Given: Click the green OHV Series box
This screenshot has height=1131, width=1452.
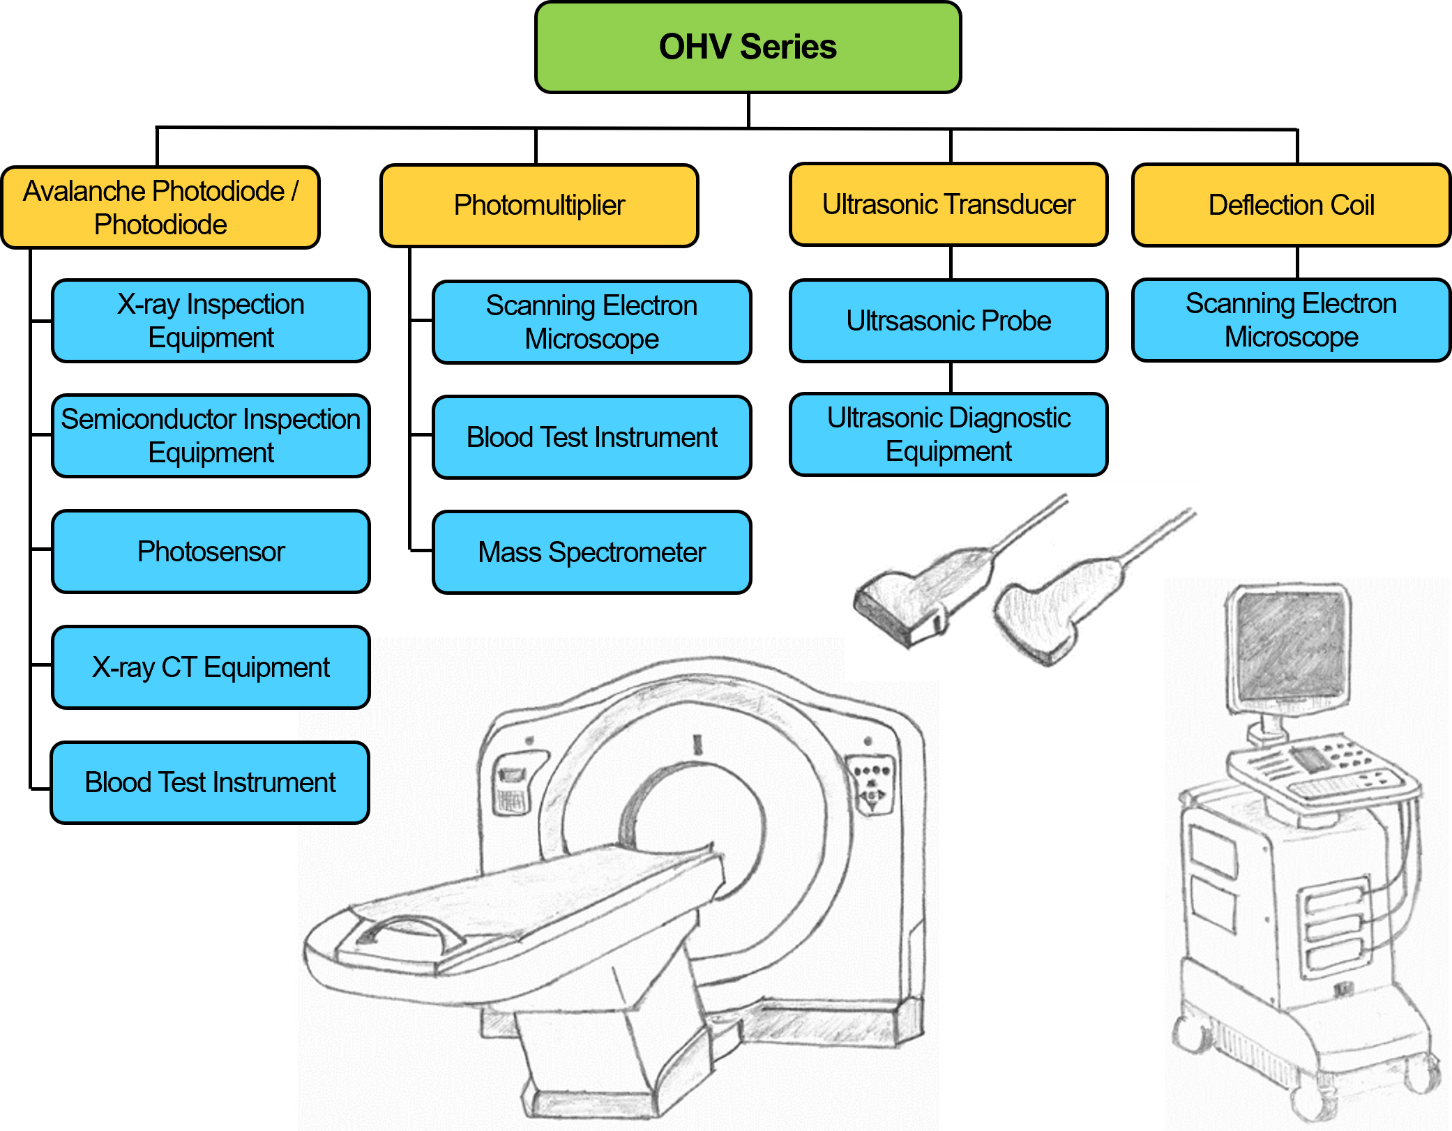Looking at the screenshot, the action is pyautogui.click(x=748, y=47).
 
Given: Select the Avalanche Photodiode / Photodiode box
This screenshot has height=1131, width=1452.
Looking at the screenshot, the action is pyautogui.click(x=160, y=207).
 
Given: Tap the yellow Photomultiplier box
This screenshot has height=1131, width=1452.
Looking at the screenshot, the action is pyautogui.click(x=539, y=205).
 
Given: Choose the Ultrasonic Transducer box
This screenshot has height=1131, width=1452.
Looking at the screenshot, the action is pyautogui.click(x=948, y=204).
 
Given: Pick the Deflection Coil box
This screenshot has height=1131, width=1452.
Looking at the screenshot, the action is pyautogui.click(x=1292, y=205).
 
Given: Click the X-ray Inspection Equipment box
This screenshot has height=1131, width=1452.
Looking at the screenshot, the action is pyautogui.click(x=211, y=321).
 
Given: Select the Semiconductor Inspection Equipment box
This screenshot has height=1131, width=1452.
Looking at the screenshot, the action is pyautogui.click(x=211, y=436).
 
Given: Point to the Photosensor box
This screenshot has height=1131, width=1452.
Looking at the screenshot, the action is pyautogui.click(x=211, y=552).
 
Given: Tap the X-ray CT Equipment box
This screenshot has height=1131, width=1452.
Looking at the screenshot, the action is pyautogui.click(x=211, y=667).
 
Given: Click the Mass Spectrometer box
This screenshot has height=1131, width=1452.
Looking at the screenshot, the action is pyautogui.click(x=591, y=552).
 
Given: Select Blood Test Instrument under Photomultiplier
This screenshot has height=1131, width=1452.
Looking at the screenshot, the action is pyautogui.click(x=591, y=437).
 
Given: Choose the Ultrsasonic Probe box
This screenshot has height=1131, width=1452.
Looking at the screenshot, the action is pyautogui.click(x=948, y=321).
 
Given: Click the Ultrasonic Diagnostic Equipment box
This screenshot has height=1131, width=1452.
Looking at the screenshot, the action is pyautogui.click(x=948, y=434).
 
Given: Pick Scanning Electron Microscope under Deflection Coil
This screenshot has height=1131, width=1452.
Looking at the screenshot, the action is pyautogui.click(x=1292, y=320).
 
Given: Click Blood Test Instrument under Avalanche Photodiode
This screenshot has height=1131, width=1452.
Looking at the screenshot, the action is pyautogui.click(x=210, y=782).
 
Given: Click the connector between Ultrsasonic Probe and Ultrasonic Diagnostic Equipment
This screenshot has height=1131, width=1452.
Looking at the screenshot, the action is pyautogui.click(x=950, y=377).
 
